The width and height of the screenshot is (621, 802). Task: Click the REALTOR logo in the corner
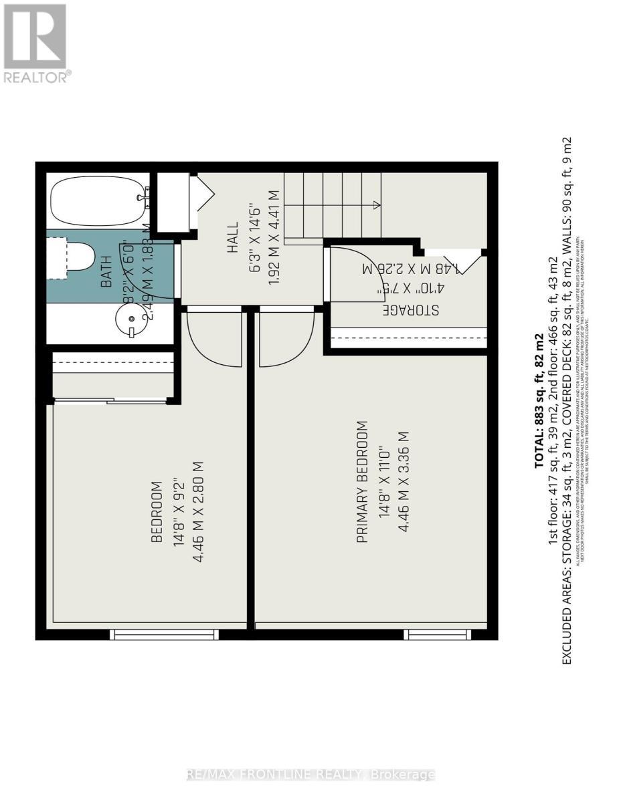click(x=35, y=43)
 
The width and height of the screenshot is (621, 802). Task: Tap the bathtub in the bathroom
click(x=98, y=200)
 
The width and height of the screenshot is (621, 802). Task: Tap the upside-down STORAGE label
click(x=410, y=310)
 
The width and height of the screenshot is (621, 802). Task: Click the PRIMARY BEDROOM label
click(x=362, y=481)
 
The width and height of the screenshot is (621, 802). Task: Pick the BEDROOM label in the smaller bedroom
click(x=157, y=511)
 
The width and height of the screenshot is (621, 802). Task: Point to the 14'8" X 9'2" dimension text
click(x=178, y=511)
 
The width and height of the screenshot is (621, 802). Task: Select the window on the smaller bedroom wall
click(x=164, y=634)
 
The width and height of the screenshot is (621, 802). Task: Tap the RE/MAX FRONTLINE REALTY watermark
click(x=310, y=775)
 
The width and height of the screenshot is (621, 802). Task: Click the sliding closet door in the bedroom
click(x=110, y=401)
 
